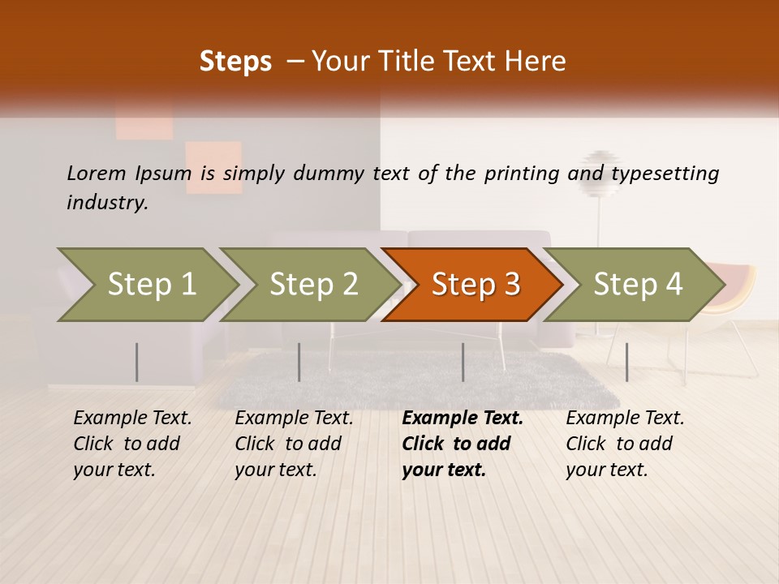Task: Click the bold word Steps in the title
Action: point(235,62)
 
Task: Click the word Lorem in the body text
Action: point(96,174)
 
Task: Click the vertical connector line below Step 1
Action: point(137,362)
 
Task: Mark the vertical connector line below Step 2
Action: point(299,362)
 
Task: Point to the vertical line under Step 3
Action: point(463,362)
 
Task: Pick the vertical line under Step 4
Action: point(626,362)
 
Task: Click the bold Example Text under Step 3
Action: point(463,419)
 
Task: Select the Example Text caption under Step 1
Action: point(132,419)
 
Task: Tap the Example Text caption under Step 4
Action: point(625,419)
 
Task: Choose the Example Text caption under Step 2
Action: point(294,419)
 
